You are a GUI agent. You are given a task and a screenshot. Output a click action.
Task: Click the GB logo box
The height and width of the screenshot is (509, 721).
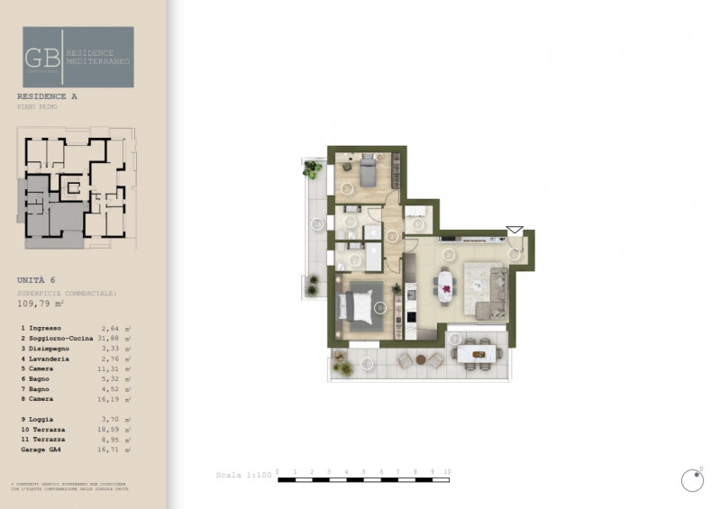coord(78,57)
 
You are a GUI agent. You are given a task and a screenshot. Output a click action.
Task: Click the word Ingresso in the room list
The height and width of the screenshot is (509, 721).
coord(45,329)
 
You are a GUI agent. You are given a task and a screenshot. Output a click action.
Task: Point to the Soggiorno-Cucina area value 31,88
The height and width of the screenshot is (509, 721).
coord(106,338)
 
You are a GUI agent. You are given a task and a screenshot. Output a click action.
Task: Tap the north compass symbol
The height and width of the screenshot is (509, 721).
coord(692,481)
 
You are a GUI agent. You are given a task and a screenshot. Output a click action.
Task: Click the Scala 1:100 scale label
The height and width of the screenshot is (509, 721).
coord(242,474)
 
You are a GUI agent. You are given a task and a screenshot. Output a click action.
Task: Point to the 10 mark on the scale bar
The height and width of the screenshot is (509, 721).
coord(447,471)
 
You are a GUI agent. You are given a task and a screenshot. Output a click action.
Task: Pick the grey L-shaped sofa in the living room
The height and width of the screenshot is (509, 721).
coord(491,297)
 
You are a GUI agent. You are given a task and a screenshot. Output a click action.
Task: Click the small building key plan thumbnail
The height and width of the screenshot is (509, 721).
coord(76,187)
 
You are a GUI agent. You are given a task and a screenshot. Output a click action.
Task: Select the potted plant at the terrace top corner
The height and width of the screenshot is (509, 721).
coord(313,168)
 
